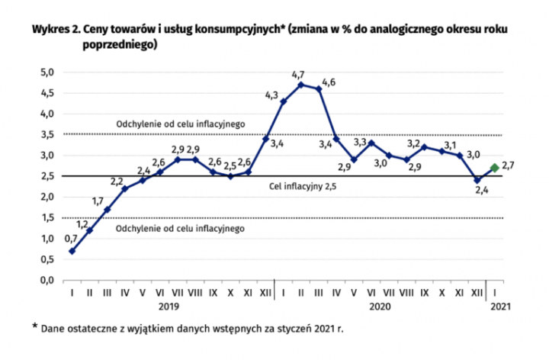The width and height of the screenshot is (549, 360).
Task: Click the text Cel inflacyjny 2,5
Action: coord(303,185)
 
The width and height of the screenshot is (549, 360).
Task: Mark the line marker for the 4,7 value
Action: coord(300,85)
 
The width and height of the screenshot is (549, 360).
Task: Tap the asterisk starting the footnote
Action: coord(35,326)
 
